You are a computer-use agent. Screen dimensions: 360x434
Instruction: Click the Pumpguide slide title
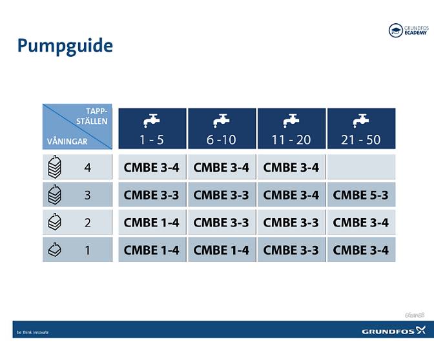pyautogui.click(x=65, y=46)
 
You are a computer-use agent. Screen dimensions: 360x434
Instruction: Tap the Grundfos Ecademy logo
pyautogui.click(x=409, y=30)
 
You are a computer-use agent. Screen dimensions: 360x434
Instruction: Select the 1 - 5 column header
pyautogui.click(x=152, y=129)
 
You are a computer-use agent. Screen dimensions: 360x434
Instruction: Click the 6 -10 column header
pyautogui.click(x=222, y=129)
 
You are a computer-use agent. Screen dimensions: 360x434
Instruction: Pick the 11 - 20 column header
pyautogui.click(x=291, y=129)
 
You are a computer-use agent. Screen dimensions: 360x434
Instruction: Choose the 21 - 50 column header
pyautogui.click(x=361, y=129)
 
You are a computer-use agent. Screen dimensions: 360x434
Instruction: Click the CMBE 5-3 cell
pyautogui.click(x=361, y=195)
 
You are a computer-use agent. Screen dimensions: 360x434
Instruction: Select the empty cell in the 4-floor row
pyautogui.click(x=361, y=168)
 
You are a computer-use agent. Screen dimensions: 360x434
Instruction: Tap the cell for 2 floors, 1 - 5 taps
pyautogui.click(x=152, y=223)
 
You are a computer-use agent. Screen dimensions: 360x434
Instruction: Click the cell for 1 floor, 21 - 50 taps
pyautogui.click(x=361, y=250)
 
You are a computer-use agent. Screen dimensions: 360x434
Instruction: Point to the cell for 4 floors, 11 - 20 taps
pyautogui.click(x=291, y=168)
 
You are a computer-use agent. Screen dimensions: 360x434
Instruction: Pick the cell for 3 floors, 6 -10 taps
pyautogui.click(x=222, y=195)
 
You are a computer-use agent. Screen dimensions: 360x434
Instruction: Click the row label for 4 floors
pyautogui.click(x=87, y=168)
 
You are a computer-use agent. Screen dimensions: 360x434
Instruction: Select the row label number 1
pyautogui.click(x=87, y=250)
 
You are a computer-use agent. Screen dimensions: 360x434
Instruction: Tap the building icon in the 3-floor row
pyautogui.click(x=55, y=194)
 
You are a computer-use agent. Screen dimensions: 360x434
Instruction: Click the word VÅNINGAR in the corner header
pyautogui.click(x=67, y=141)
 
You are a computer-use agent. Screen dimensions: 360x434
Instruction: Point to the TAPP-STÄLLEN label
pyautogui.click(x=94, y=116)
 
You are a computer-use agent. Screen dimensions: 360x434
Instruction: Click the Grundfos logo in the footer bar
pyautogui.click(x=393, y=331)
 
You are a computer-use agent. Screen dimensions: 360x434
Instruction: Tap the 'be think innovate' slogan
pyautogui.click(x=32, y=332)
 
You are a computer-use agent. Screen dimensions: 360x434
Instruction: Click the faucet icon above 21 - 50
pyautogui.click(x=361, y=120)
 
